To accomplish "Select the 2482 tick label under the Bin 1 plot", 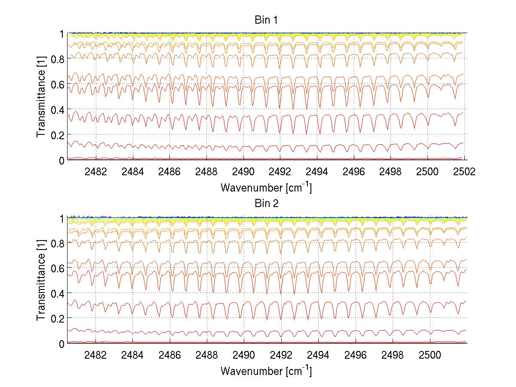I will click(95, 171).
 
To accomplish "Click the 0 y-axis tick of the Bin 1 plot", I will click(61, 160).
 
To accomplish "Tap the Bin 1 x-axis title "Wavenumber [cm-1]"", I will click(266, 187).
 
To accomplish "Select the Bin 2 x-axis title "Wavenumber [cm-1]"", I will click(266, 371).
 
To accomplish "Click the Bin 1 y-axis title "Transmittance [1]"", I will click(41, 96).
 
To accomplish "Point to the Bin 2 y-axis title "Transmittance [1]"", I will click(41, 280).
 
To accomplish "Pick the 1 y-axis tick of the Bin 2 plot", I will click(61, 218).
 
